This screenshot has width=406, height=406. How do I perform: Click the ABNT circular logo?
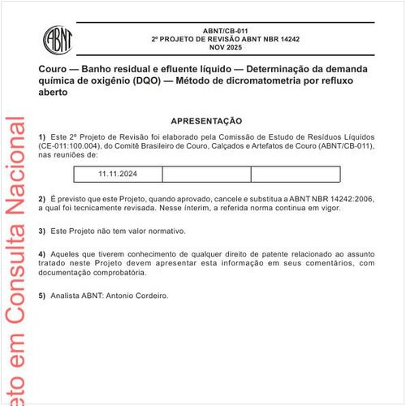click(58, 37)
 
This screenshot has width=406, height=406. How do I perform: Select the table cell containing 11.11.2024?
click(118, 174)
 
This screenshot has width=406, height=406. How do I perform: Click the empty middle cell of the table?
click(206, 174)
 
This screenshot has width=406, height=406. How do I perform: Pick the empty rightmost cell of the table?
click(295, 174)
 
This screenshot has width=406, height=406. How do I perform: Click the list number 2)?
click(42, 198)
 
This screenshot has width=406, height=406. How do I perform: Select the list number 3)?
click(42, 231)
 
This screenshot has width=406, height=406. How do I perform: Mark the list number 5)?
click(42, 296)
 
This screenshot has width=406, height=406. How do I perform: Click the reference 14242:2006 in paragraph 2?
click(352, 198)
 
